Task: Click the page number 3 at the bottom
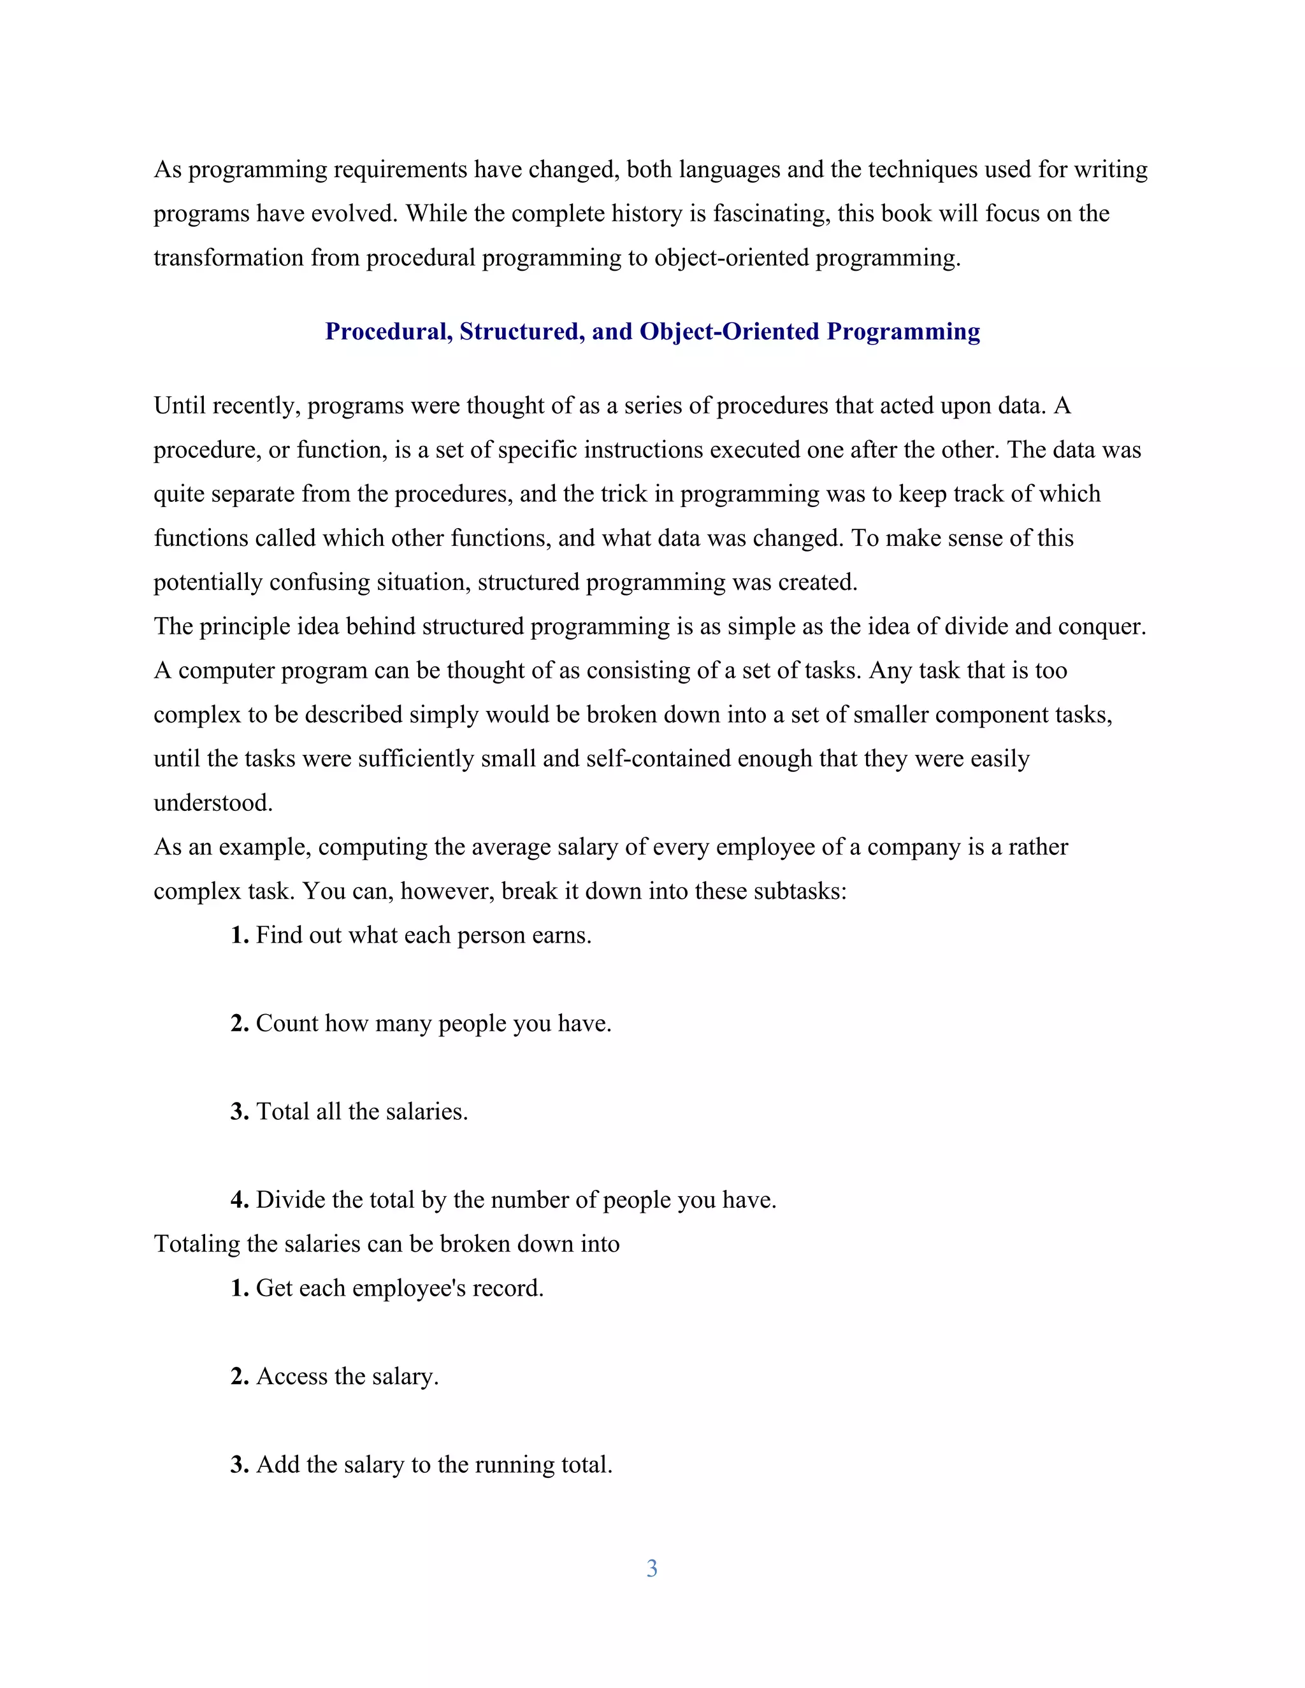[x=652, y=1568]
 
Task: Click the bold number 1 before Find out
[x=239, y=935]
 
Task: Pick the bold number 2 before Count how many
[x=239, y=1024]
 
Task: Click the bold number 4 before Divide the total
[x=239, y=1199]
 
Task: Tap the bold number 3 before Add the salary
[x=239, y=1464]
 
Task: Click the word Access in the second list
[x=291, y=1377]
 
